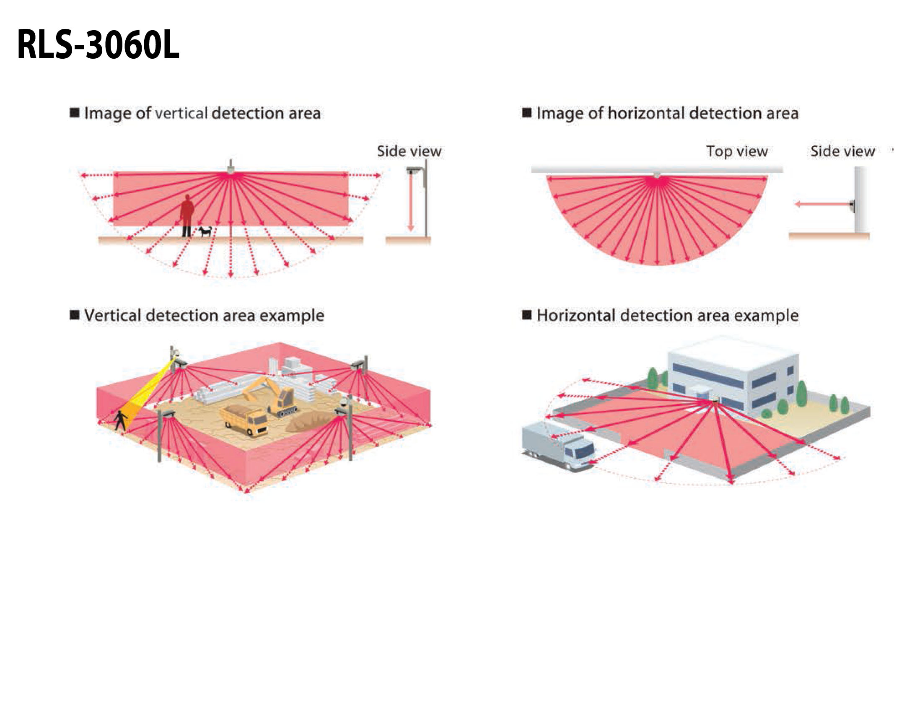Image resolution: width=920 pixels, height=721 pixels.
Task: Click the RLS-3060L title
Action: point(98,45)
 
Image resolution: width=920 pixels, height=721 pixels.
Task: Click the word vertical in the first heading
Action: point(181,113)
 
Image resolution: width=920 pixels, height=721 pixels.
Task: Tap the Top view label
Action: point(737,151)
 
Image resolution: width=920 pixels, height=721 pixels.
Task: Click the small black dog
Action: point(205,231)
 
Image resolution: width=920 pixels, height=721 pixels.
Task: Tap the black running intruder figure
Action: point(121,420)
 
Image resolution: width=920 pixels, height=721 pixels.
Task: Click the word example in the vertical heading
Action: point(292,316)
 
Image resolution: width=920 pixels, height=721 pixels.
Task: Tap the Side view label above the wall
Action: point(842,151)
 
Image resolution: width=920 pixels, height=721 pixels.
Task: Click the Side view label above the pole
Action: point(409,151)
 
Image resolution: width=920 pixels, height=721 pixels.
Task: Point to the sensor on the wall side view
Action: point(852,205)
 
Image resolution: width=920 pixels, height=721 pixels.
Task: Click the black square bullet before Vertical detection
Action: point(75,315)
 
